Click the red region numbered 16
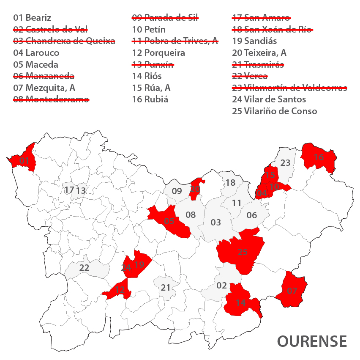tap(319, 158)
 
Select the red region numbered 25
tap(242, 252)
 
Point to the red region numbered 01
tap(24, 161)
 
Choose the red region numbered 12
tap(119, 290)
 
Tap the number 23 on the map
tap(286, 162)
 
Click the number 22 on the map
tap(84, 268)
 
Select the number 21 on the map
tap(166, 288)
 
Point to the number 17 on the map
tap(69, 190)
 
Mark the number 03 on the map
tap(215, 223)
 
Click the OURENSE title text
tap(312, 341)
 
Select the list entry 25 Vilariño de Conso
tap(274, 111)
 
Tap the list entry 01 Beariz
tap(32, 18)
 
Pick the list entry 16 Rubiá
tap(150, 99)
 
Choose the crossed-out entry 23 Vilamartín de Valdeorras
tap(289, 88)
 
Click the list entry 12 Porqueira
tap(158, 53)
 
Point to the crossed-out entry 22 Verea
tap(250, 76)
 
